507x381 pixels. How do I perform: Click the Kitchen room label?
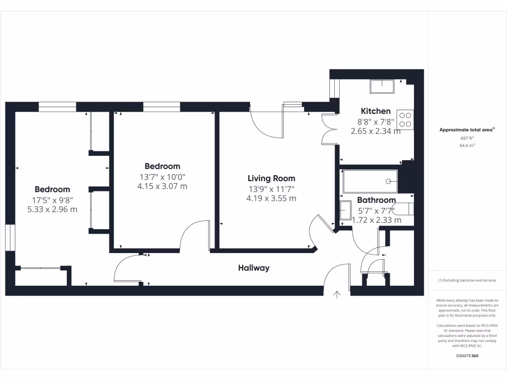click(x=375, y=111)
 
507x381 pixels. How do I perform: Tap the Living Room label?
click(x=271, y=178)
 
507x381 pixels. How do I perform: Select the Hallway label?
click(x=253, y=268)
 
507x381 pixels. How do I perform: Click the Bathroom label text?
click(x=376, y=200)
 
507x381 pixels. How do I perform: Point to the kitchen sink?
click(x=381, y=86)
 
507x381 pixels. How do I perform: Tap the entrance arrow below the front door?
click(x=337, y=295)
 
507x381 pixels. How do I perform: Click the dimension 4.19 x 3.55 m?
click(x=271, y=198)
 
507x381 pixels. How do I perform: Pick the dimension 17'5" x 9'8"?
click(x=52, y=200)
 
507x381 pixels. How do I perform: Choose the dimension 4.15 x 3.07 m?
click(x=162, y=187)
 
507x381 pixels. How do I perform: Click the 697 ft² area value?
click(x=467, y=138)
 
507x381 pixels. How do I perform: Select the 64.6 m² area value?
click(x=467, y=146)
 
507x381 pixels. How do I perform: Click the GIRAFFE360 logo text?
click(x=467, y=356)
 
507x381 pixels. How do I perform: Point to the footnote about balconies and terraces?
click(x=467, y=280)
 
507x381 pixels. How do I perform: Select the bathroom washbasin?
click(x=345, y=212)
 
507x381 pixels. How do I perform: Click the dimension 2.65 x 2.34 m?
click(x=375, y=131)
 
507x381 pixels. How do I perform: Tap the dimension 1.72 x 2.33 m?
click(x=376, y=220)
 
